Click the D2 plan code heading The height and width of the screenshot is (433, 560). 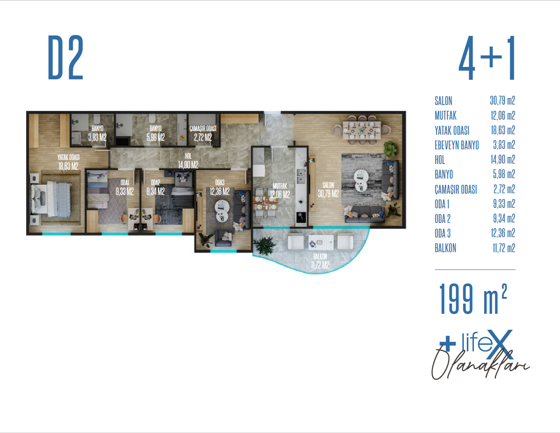point(66,57)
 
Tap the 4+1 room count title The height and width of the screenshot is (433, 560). point(487,58)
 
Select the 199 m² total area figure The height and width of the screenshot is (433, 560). point(473,299)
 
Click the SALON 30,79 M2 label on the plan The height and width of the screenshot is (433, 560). point(328,190)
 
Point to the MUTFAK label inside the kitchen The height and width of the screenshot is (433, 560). point(280,186)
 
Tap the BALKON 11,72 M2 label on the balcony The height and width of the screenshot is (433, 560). point(320,261)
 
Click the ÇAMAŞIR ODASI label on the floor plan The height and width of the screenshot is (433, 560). point(203,129)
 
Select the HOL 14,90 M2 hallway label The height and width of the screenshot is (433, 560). point(188,160)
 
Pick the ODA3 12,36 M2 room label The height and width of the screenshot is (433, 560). point(220,187)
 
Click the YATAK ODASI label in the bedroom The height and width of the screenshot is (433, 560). point(68,157)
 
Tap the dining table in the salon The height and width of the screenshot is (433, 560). point(362,130)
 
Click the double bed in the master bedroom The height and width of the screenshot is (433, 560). point(51,199)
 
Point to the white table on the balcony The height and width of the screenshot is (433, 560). point(321,242)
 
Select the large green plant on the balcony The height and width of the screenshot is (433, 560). point(264,245)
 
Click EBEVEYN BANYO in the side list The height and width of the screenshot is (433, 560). point(457,145)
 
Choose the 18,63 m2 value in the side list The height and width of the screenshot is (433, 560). point(503,130)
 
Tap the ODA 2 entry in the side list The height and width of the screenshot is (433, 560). point(442,219)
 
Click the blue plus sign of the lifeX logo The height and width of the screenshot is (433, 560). point(447,343)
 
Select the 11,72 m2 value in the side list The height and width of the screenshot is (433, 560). point(504,248)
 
